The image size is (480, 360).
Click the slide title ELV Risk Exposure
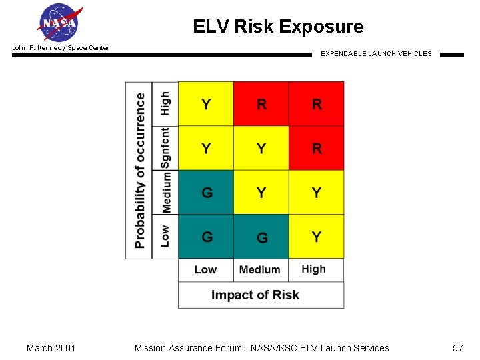point(278,27)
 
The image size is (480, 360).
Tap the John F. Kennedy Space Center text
point(61,48)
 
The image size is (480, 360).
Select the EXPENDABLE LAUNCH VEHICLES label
point(376,54)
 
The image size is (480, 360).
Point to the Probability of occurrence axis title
point(140,170)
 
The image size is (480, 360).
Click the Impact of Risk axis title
point(255,295)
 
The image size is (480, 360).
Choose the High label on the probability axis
point(165,103)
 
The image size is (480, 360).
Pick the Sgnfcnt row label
point(165,148)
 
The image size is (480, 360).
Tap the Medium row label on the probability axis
point(166,192)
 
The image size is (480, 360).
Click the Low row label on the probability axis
point(165,236)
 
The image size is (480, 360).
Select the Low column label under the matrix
point(205,270)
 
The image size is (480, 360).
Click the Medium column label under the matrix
point(259,270)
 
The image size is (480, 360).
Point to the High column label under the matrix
point(313,269)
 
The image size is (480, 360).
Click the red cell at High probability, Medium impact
point(261,104)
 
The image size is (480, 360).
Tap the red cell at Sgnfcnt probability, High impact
point(316,148)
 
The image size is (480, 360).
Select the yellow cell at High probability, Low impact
point(206,104)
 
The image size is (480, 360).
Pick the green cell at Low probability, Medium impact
point(261,237)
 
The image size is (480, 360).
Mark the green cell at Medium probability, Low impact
point(206,193)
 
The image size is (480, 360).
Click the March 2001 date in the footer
point(51,348)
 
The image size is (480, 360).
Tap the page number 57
point(458,348)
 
